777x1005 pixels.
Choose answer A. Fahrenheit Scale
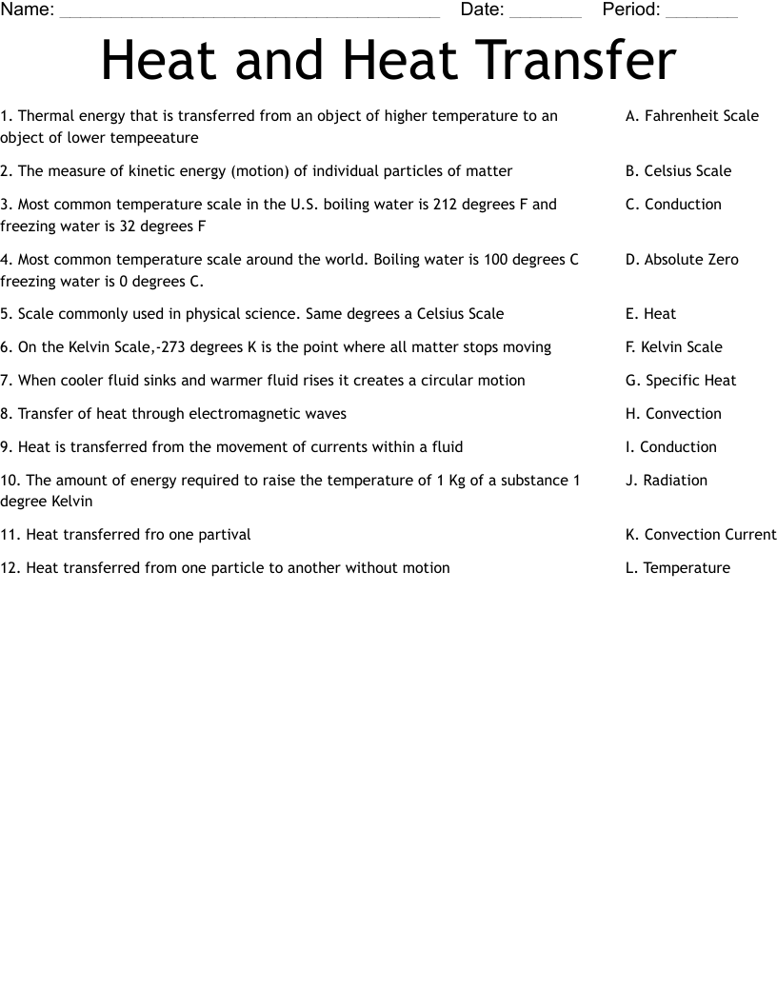coord(692,116)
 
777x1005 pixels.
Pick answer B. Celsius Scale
coord(678,171)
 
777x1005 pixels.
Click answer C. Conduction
coord(673,205)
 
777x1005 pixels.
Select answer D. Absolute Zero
coord(682,260)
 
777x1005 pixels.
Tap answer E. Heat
coord(650,314)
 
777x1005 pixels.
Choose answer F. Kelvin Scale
coord(673,347)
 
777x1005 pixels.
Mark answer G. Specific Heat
coord(681,381)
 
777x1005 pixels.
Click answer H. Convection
coord(673,414)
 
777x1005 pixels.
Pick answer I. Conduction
coord(670,447)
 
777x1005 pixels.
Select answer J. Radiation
coord(666,481)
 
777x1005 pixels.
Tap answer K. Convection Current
coord(701,535)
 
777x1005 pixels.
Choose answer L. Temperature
coord(677,568)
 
